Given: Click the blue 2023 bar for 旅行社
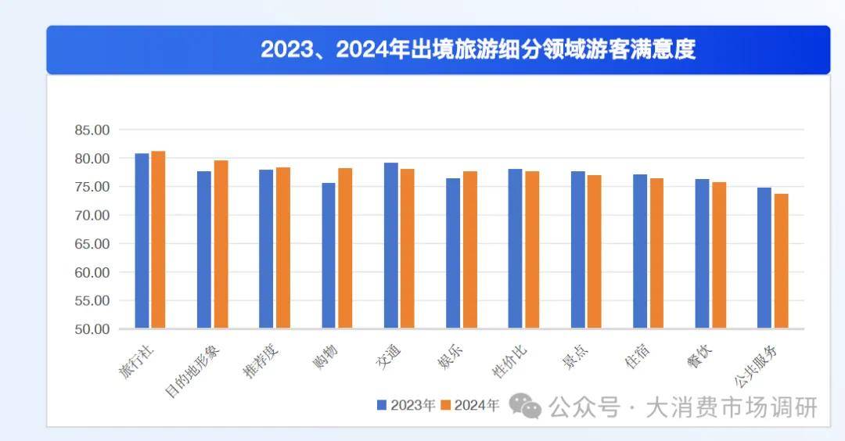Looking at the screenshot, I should [142, 241].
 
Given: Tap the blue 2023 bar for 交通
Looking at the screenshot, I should [390, 246].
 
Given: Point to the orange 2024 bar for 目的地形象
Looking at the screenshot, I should [221, 244].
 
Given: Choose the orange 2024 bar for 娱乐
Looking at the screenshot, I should [469, 249].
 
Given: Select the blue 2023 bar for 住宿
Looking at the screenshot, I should [640, 251].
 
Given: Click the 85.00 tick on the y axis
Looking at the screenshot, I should [92, 130].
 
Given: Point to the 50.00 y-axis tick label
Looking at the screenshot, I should [92, 329].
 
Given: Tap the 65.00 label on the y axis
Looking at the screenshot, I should [92, 244].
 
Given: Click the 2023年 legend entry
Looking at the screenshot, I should [406, 405].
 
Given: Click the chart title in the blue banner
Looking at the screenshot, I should [477, 50].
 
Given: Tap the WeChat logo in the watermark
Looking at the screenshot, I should [525, 405].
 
